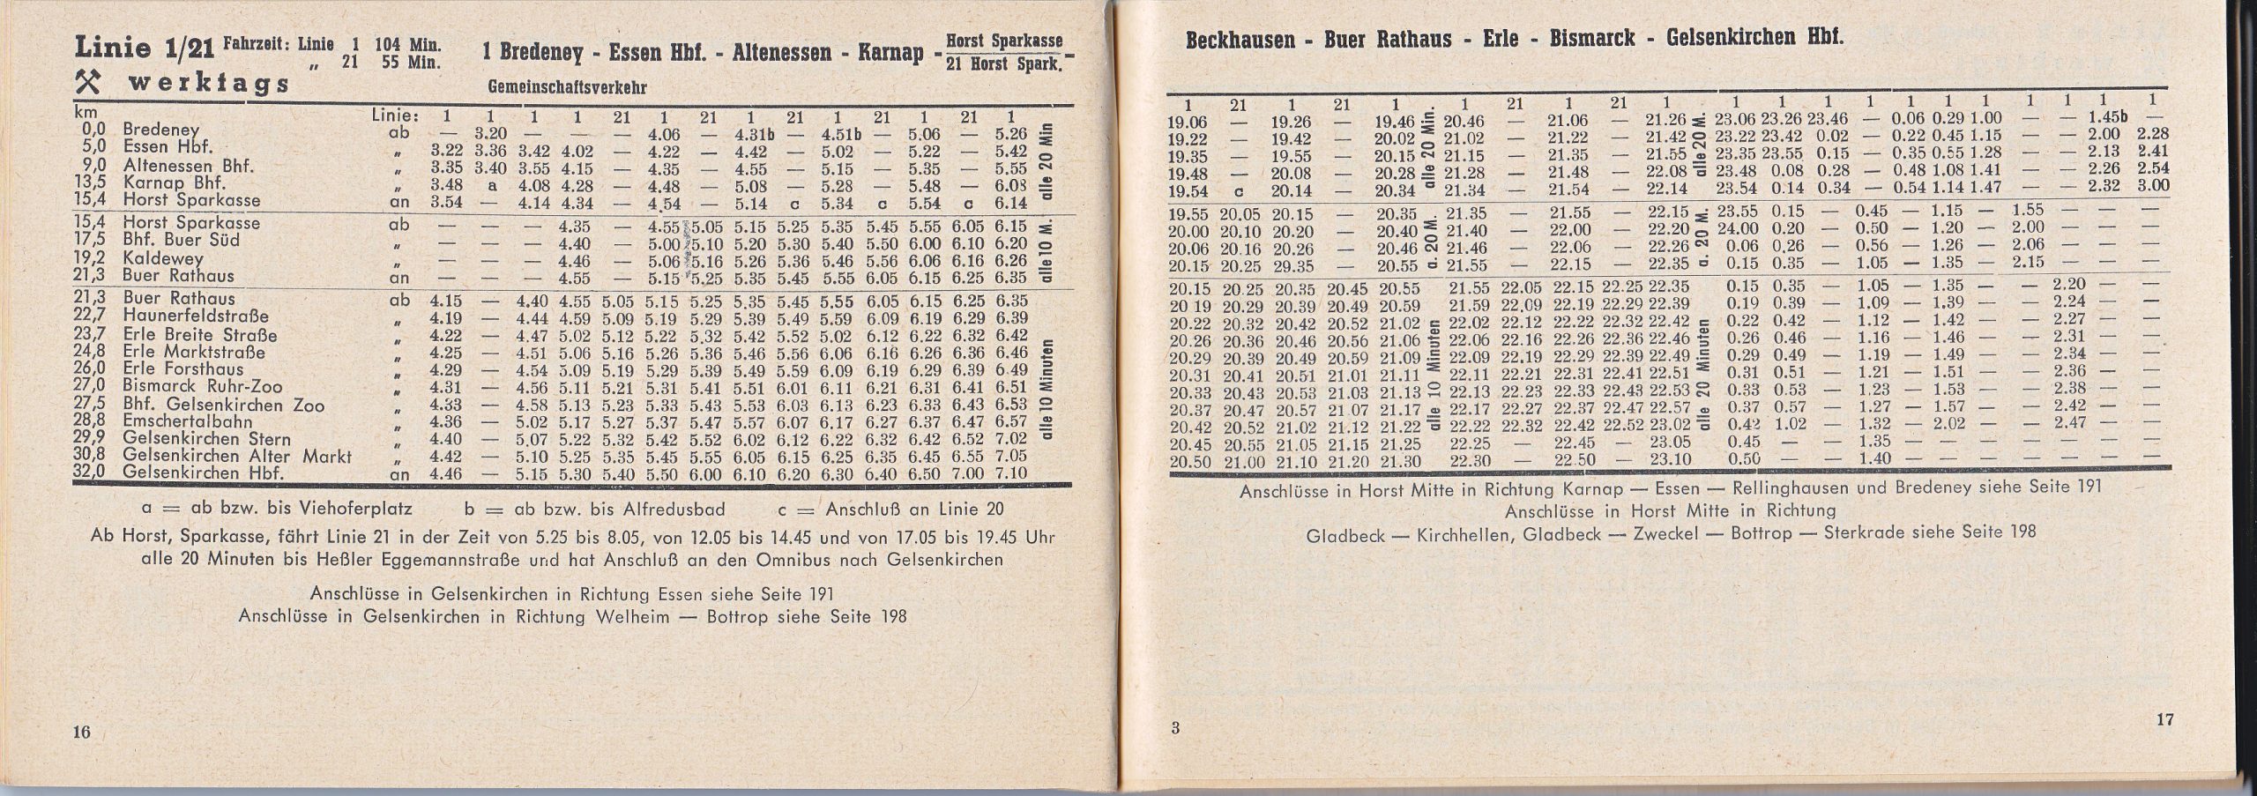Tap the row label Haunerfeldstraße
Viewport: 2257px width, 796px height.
(196, 316)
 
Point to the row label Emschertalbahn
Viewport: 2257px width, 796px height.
(177, 421)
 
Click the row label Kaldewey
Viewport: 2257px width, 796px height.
(163, 258)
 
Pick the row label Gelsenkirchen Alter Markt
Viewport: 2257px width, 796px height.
(237, 457)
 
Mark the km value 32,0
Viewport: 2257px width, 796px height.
(90, 472)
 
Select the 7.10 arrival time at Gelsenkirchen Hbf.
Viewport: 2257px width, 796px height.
(1010, 473)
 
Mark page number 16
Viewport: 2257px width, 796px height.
(81, 730)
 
